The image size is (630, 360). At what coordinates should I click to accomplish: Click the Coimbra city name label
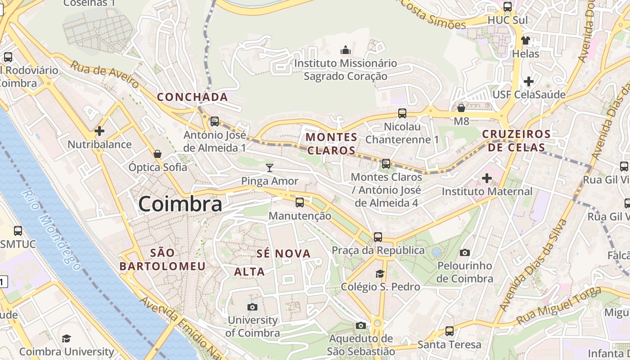180,204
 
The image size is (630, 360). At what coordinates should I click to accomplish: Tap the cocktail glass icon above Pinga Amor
270,168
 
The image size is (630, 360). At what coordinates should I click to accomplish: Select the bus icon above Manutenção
300,202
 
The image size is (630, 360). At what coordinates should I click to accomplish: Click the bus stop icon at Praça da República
378,237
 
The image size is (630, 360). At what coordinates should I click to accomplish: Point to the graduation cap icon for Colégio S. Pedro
380,274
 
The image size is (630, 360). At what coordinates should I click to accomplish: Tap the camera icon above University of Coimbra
252,307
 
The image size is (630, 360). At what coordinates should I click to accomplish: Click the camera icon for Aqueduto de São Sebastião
360,325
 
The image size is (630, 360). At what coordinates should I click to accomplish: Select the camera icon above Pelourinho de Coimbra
465,252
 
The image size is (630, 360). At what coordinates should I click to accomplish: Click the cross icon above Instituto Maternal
486,178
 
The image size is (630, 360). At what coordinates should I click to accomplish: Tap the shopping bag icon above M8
461,108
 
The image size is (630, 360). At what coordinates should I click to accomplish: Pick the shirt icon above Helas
525,40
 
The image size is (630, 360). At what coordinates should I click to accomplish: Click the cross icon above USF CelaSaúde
529,81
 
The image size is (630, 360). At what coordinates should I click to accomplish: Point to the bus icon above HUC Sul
508,7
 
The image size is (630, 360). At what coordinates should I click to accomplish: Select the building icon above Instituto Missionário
345,49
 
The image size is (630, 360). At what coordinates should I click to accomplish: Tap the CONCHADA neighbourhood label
192,97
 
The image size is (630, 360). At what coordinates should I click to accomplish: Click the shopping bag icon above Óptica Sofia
157,154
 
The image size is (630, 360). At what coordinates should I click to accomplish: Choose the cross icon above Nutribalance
99,131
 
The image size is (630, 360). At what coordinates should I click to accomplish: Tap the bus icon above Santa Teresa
449,331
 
